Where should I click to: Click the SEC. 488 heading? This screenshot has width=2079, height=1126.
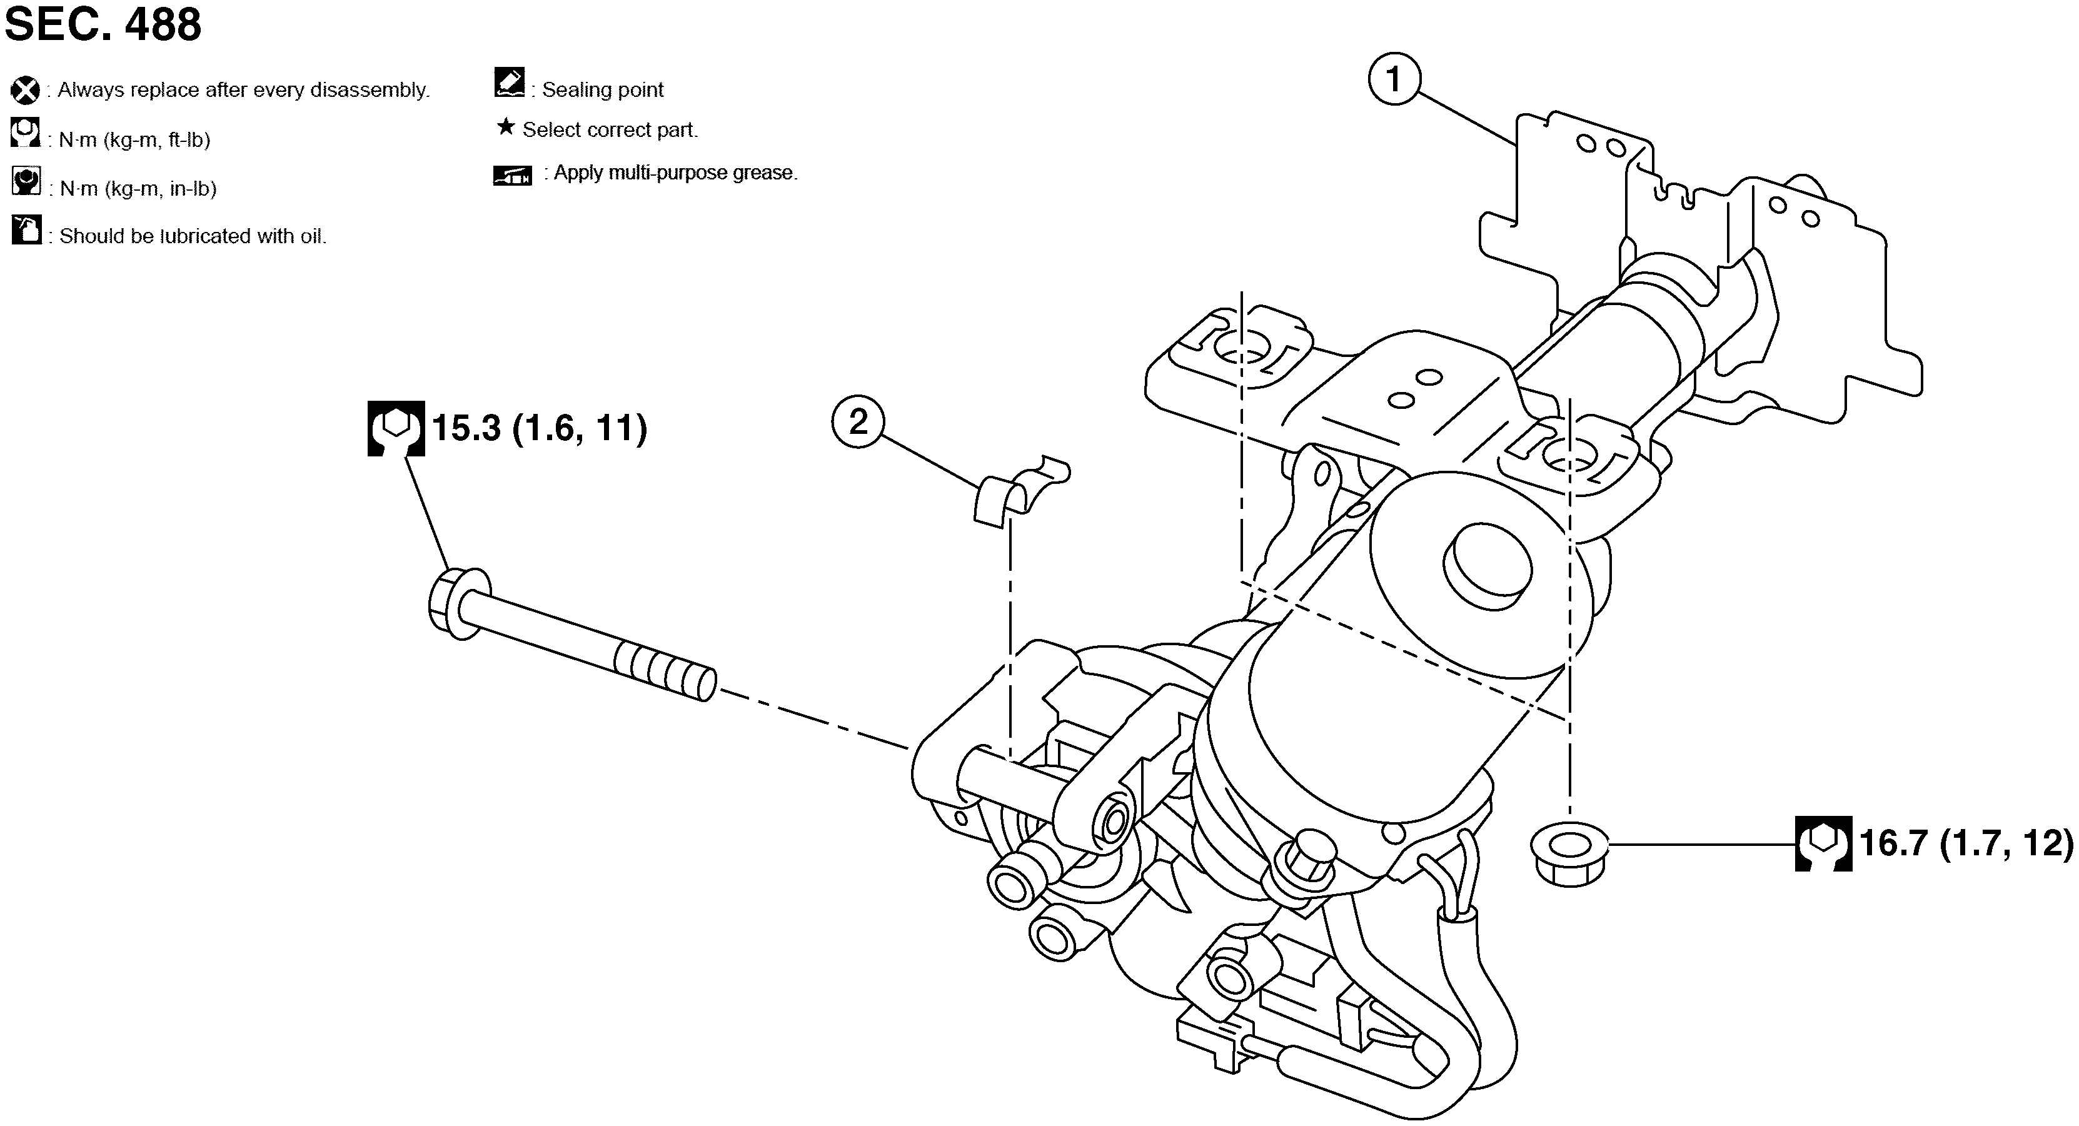coord(103,24)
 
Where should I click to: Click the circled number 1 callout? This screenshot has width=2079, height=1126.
coord(1394,79)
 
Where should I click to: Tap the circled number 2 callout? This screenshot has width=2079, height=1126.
coord(858,421)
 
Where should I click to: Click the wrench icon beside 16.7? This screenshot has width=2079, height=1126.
coord(1823,843)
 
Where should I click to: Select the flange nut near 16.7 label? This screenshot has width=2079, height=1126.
coord(1568,853)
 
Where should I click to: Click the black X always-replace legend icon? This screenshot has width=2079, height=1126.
coord(25,91)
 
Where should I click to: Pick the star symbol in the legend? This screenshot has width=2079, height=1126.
coord(505,127)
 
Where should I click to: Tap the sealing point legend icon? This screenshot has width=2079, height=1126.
coord(509,83)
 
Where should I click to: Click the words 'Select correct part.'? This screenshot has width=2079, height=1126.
coord(610,130)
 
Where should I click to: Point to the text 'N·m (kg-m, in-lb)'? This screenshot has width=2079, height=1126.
coord(138,189)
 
